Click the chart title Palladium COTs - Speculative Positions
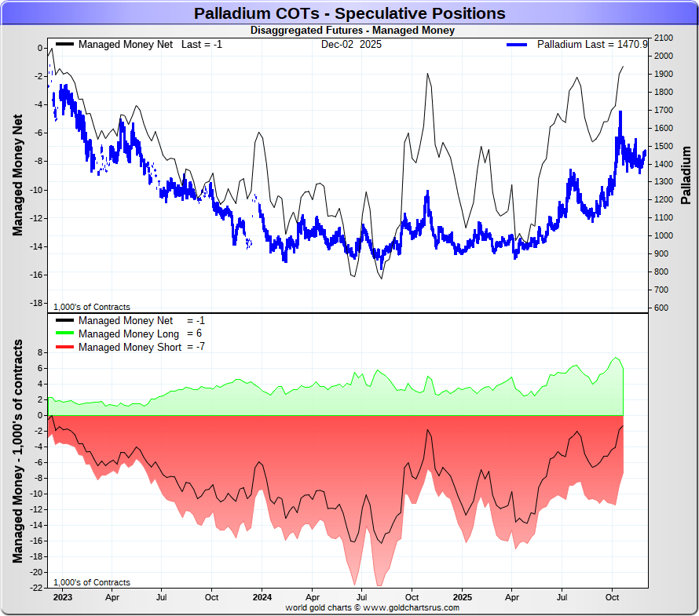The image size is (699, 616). (x=349, y=13)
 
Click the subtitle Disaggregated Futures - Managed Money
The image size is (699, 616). (x=352, y=31)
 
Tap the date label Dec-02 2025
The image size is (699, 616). (x=350, y=44)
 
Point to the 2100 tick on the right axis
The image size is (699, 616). (x=664, y=38)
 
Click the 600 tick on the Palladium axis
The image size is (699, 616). (x=661, y=308)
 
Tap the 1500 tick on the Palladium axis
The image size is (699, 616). (x=664, y=146)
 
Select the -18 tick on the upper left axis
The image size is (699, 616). (x=37, y=303)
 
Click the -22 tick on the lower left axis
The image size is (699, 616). (x=36, y=588)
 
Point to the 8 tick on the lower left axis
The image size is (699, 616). (x=40, y=352)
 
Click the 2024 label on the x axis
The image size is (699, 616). (x=262, y=597)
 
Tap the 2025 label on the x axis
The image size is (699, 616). (x=462, y=597)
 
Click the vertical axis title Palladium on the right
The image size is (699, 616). (x=686, y=174)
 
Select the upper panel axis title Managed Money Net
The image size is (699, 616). (x=17, y=174)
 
